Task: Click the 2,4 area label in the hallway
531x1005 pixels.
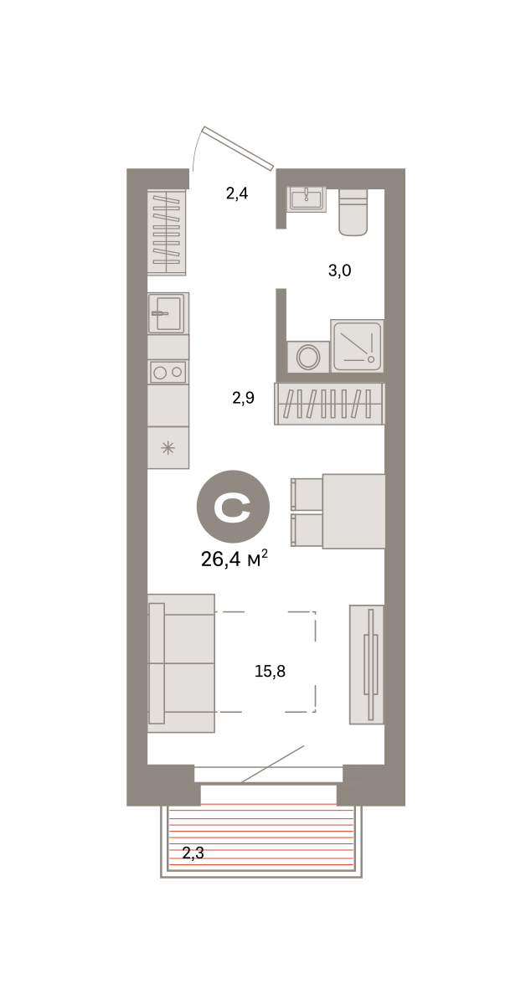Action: [x=236, y=193]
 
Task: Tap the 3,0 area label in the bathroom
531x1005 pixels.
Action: [x=339, y=271]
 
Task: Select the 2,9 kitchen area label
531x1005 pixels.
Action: [x=243, y=398]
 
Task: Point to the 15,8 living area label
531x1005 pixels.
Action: [x=270, y=671]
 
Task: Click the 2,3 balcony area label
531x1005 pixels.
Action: [x=193, y=853]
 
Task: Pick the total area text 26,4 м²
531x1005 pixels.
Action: [x=235, y=559]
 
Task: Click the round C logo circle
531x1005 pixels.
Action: [x=233, y=507]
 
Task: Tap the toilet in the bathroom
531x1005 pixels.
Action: [x=353, y=212]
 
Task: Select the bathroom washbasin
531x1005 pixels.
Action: [x=307, y=198]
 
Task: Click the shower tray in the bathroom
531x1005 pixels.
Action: [x=358, y=345]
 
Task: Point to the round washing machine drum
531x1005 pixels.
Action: [x=308, y=357]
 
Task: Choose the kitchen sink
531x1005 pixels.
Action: [x=168, y=312]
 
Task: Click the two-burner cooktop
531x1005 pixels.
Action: [x=168, y=372]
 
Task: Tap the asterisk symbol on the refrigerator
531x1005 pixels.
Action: [x=168, y=448]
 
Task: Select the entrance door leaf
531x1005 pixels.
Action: [x=238, y=148]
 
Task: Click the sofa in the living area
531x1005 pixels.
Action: [x=181, y=663]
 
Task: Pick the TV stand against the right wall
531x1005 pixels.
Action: [x=366, y=664]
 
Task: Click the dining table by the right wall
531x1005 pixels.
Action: [x=353, y=511]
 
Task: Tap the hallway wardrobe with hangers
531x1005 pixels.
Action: [x=167, y=233]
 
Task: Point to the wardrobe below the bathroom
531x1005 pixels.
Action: [x=329, y=404]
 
